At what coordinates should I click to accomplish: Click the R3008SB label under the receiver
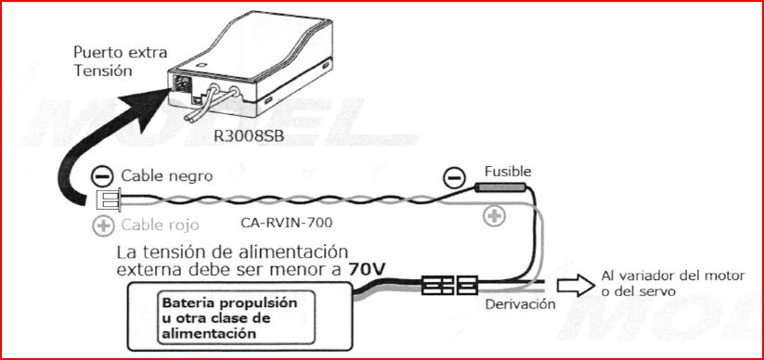[x=249, y=135]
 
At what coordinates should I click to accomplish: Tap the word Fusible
[x=508, y=172]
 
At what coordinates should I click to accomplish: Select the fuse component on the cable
[x=500, y=187]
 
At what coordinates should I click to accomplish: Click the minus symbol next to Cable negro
[x=102, y=176]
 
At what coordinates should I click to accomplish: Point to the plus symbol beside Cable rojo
[x=102, y=226]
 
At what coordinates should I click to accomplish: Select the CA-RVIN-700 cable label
[x=287, y=223]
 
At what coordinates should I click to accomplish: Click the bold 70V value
[x=368, y=269]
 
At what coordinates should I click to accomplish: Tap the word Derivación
[x=520, y=304]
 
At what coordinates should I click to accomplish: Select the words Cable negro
[x=167, y=176]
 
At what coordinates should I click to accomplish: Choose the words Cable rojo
[x=160, y=225]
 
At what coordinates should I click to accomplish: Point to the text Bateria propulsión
[x=229, y=303]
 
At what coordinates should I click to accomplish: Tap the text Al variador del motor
[x=673, y=276]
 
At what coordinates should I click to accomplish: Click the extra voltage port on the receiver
[x=181, y=84]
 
